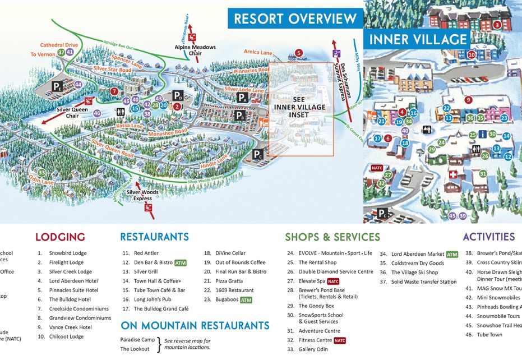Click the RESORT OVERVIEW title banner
pyautogui.click(x=295, y=19)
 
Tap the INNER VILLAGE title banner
pyautogui.click(x=418, y=39)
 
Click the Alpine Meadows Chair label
pyautogui.click(x=195, y=50)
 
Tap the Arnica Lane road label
pyautogui.click(x=258, y=52)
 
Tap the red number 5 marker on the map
pyautogui.click(x=299, y=53)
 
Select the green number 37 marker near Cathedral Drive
pyautogui.click(x=61, y=52)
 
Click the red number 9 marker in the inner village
pyautogui.click(x=469, y=100)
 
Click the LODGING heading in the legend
pyautogui.click(x=60, y=237)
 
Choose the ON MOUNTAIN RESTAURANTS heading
pyautogui.click(x=195, y=325)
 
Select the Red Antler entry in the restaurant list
pyautogui.click(x=146, y=253)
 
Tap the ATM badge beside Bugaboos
pyautogui.click(x=246, y=300)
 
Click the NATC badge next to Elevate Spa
pyautogui.click(x=333, y=281)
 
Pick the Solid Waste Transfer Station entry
pyautogui.click(x=424, y=282)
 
